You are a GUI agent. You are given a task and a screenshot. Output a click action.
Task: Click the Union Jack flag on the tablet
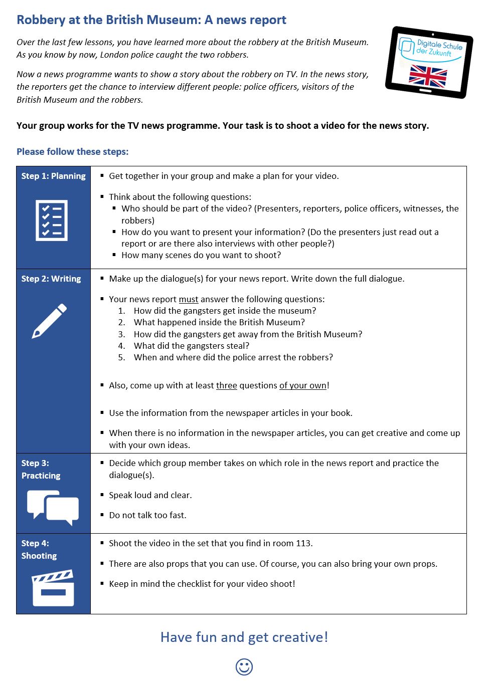point(428,76)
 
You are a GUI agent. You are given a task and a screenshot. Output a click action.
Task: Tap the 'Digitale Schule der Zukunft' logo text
point(435,49)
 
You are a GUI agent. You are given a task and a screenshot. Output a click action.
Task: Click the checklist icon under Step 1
point(52,220)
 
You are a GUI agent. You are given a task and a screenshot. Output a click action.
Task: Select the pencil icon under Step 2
point(49,321)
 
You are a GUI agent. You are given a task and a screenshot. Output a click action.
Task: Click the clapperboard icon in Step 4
point(53,588)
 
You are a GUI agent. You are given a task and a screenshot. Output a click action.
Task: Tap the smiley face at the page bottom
point(244,667)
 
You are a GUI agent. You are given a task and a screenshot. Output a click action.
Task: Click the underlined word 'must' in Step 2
point(189,300)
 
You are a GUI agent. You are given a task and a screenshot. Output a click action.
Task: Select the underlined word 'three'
point(227,386)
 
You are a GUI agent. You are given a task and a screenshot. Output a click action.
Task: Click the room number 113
point(303,544)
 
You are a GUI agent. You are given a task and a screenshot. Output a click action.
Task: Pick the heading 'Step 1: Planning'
point(53,176)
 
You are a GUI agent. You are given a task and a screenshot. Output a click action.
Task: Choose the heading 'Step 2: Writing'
point(51,279)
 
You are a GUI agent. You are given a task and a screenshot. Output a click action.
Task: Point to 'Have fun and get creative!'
point(244,637)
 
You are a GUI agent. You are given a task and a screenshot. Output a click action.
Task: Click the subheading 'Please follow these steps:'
point(73,152)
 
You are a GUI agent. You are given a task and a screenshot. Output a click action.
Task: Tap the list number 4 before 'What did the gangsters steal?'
point(121,346)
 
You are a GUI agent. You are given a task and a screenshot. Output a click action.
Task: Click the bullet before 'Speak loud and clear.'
point(102,495)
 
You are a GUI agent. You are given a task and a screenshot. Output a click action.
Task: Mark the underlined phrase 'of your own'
point(303,386)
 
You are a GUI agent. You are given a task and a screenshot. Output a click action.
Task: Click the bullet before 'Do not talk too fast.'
point(102,515)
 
